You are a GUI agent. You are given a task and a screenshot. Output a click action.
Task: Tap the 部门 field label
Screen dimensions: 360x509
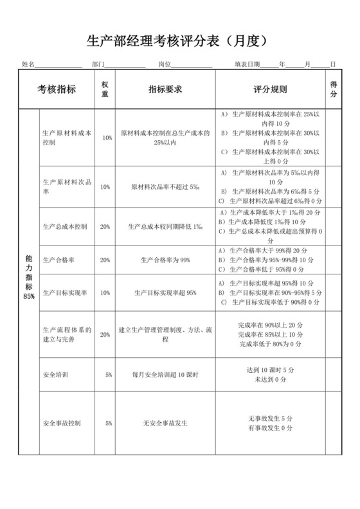tap(98, 64)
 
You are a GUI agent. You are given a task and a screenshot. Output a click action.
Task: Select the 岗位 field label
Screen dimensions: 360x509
tap(164, 64)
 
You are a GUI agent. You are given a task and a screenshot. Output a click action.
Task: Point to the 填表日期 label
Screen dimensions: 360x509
tap(248, 64)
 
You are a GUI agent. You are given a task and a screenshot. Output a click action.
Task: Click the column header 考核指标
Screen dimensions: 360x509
tap(57, 89)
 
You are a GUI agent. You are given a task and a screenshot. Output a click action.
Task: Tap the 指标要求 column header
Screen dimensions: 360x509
tap(165, 89)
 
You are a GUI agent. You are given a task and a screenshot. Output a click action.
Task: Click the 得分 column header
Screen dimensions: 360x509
tap(334, 89)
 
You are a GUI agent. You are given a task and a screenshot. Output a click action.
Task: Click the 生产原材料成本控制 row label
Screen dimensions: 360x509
tap(66, 138)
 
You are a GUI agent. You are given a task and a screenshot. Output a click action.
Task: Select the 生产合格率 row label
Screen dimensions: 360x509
tap(58, 260)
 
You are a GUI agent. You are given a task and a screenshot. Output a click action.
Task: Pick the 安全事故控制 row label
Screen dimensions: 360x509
tap(62, 424)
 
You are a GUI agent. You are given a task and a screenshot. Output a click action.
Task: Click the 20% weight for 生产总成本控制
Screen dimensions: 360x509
tap(105, 226)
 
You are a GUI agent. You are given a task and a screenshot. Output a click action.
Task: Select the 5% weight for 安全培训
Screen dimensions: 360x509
tap(109, 374)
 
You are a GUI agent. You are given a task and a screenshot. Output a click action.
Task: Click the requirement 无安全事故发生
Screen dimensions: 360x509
tap(165, 424)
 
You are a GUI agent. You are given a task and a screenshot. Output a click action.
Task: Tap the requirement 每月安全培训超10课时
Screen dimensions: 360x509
tap(165, 374)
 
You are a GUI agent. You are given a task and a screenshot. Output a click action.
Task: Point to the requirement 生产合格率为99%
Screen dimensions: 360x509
tap(165, 260)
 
